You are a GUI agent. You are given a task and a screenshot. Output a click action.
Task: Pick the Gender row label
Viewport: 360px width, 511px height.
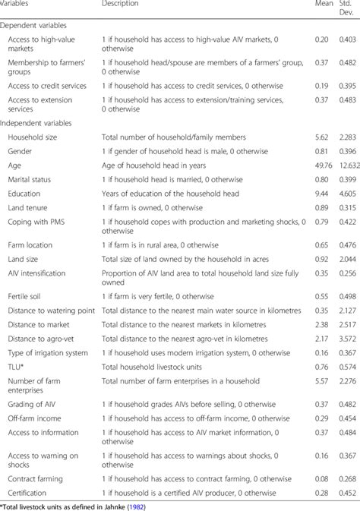coord(20,151)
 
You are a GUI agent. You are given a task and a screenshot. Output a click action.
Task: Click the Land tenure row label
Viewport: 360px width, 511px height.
coord(30,207)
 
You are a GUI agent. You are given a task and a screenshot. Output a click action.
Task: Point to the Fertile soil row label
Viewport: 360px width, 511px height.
coord(28,296)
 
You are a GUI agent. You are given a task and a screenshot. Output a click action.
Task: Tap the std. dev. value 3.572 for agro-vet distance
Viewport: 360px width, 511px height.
coord(347,339)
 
